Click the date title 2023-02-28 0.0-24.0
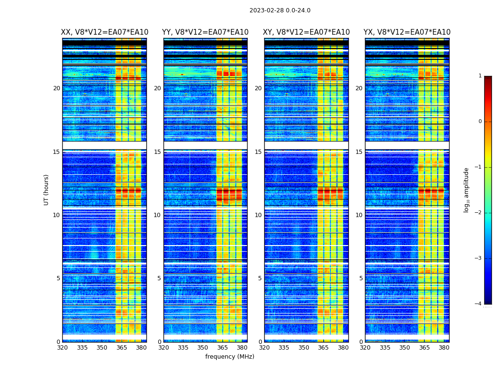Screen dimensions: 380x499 click(280, 10)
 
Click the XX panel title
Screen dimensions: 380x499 click(105, 32)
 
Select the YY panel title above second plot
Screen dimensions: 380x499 click(205, 32)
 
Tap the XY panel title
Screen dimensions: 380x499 click(306, 32)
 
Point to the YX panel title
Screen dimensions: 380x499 click(407, 32)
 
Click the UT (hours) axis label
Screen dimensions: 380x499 click(47, 190)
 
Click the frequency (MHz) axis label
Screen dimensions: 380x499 click(230, 357)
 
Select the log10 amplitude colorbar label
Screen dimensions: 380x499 click(467, 190)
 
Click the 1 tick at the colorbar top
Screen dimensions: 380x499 click(480, 76)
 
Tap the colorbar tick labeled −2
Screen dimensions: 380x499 click(479, 213)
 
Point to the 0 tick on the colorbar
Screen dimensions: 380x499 click(480, 122)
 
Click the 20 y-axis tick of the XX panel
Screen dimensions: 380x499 click(57, 88)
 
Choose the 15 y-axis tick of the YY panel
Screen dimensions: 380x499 click(157, 152)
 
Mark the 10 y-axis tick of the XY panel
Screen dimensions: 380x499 click(258, 215)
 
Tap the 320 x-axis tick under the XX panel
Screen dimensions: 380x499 click(62, 348)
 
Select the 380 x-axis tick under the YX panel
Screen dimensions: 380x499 click(444, 348)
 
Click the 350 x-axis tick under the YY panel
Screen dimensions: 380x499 click(203, 348)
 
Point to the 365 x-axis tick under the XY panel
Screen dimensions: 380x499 click(324, 348)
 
